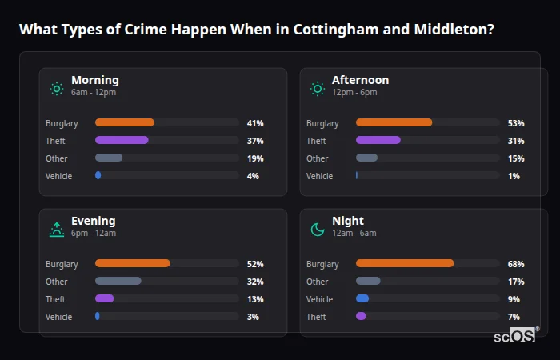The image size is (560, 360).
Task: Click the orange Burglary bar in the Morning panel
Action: [x=124, y=122]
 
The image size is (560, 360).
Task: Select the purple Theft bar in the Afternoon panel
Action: [x=378, y=140]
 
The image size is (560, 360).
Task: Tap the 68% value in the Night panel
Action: [x=515, y=264]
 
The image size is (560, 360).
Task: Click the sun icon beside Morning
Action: [x=57, y=89]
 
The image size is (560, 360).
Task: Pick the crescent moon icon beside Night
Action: [x=318, y=230]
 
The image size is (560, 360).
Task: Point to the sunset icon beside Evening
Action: [x=57, y=230]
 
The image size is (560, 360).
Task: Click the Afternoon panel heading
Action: [x=360, y=80]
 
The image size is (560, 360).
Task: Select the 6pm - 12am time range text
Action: [x=94, y=234]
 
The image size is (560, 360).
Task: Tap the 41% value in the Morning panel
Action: [x=255, y=123]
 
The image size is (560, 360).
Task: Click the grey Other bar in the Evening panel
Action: [x=118, y=281]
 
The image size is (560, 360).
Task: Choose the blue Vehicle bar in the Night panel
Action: [x=362, y=298]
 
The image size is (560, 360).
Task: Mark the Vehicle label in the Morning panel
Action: [x=58, y=176]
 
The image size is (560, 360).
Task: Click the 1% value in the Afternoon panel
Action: [x=514, y=176]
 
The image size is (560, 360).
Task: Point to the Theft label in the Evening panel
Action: [x=56, y=299]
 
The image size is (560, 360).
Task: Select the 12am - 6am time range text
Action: [x=354, y=234]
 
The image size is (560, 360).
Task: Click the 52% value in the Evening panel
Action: [x=255, y=264]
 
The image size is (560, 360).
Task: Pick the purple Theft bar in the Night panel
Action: [x=361, y=317]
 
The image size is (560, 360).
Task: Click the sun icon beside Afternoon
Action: [x=318, y=89]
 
